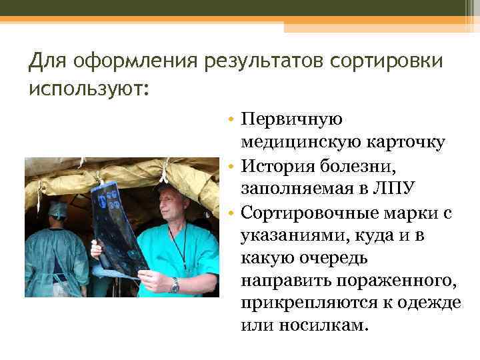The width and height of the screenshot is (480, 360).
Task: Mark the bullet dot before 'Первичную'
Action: pyautogui.click(x=229, y=120)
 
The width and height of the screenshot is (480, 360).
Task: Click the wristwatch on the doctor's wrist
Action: pyautogui.click(x=175, y=286)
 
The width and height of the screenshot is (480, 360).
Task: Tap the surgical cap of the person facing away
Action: pyautogui.click(x=58, y=210)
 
